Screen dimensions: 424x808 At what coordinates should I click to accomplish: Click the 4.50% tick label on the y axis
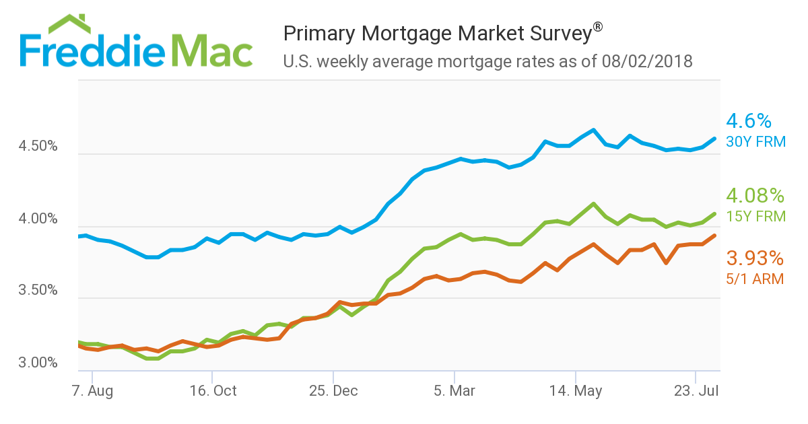tap(39, 147)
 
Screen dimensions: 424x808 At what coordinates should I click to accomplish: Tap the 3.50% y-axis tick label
tap(39, 291)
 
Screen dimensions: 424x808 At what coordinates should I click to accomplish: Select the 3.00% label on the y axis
tap(39, 363)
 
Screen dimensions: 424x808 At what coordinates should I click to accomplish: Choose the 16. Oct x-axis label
tap(213, 391)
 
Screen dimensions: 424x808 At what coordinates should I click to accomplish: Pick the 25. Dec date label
tap(335, 391)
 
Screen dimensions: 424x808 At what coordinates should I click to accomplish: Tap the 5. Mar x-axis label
tap(455, 391)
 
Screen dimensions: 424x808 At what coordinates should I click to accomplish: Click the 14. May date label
tap(576, 391)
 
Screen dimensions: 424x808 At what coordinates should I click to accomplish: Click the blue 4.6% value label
tap(748, 121)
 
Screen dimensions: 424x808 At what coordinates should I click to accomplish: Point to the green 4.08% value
tap(755, 197)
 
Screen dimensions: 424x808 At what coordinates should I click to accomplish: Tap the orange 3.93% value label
tap(755, 258)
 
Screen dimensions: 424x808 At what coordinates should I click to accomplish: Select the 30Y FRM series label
tap(755, 142)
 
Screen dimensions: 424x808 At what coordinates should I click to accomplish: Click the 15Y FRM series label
tap(755, 217)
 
